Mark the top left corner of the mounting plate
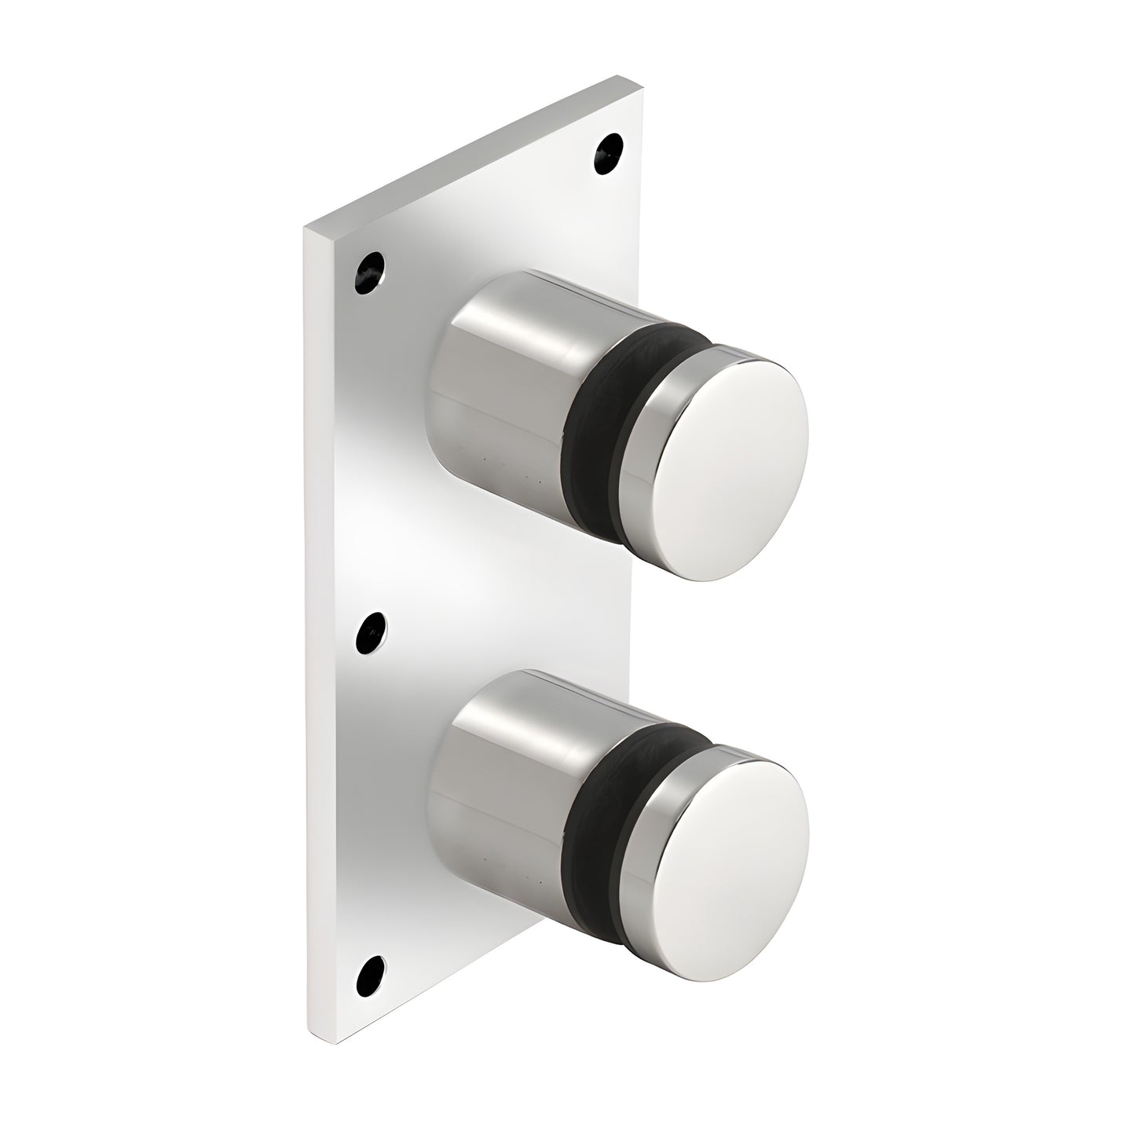coord(306,228)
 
